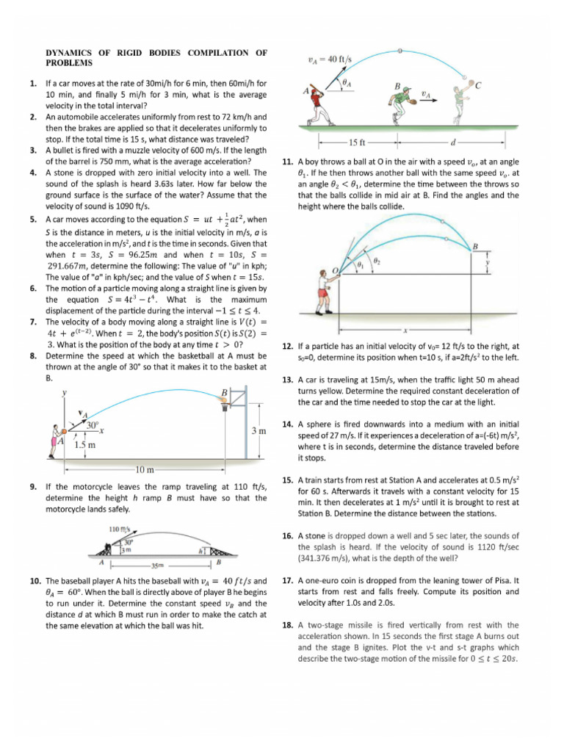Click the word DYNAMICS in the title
(73, 52)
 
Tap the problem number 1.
(34, 84)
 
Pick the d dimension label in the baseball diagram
(452, 142)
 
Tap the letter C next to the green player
(479, 85)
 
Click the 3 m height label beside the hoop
(258, 431)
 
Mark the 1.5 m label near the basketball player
(86, 444)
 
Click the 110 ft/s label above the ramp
(120, 529)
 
